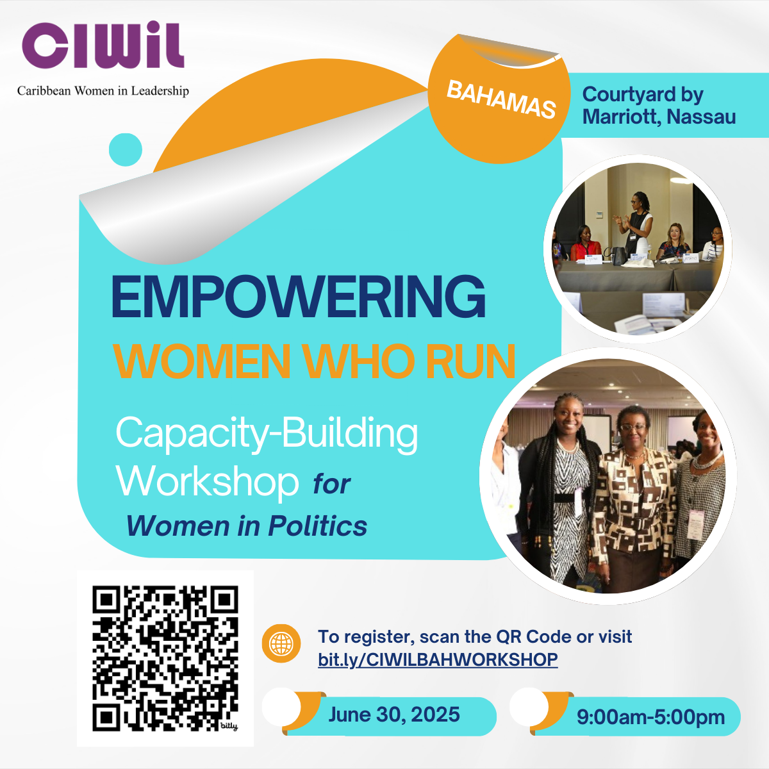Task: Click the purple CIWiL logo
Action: click(103, 45)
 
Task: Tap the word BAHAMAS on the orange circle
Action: click(501, 100)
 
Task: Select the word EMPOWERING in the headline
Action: click(299, 297)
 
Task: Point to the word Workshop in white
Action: click(208, 481)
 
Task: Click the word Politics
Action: click(318, 526)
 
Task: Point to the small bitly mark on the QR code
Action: click(229, 726)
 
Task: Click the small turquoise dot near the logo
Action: click(126, 150)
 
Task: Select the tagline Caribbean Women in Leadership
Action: click(103, 91)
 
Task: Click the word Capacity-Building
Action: click(267, 435)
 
